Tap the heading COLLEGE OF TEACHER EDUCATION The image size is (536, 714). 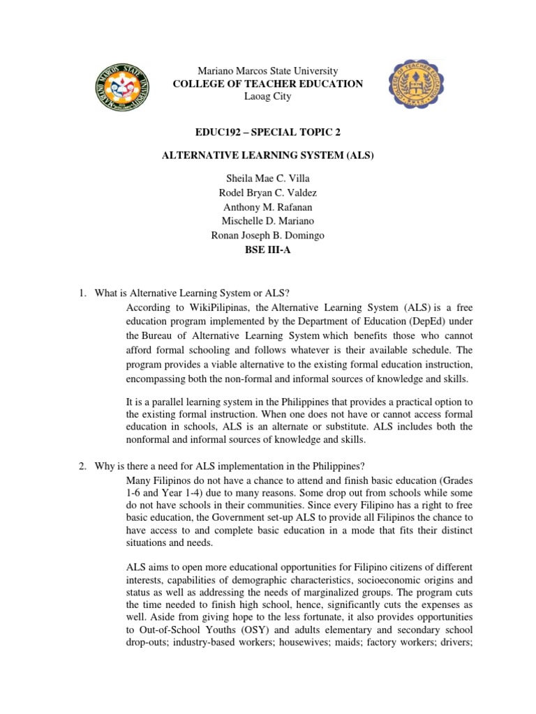(x=268, y=84)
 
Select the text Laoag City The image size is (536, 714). (x=268, y=96)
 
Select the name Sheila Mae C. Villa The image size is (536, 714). (x=268, y=179)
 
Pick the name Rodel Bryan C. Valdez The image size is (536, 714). (x=268, y=193)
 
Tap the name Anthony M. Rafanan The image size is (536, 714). (x=268, y=207)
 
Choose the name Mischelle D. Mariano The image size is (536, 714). (x=268, y=221)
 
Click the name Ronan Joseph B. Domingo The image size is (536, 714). (x=268, y=235)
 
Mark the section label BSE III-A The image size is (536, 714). (x=268, y=249)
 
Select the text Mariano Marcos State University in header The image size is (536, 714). (x=268, y=71)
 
